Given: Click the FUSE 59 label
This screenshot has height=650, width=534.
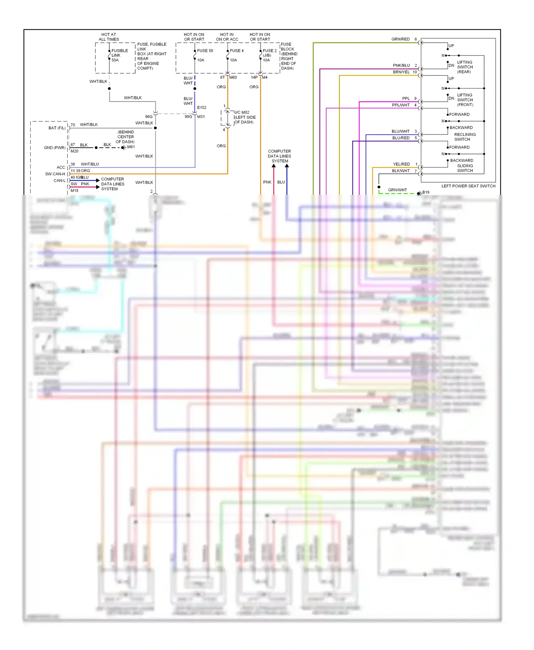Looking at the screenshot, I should click(x=205, y=50).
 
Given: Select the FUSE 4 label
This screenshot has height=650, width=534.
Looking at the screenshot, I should click(x=237, y=50).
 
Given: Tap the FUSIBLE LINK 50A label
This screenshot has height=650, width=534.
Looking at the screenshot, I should click(x=119, y=55).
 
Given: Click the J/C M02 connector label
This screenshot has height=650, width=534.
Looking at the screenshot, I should click(x=242, y=112).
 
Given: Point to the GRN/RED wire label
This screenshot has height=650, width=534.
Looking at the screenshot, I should click(x=400, y=39).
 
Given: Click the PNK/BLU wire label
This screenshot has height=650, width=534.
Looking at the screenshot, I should click(x=401, y=65).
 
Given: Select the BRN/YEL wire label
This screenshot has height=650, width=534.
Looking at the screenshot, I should click(x=401, y=72).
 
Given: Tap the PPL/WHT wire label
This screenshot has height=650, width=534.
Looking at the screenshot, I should click(x=401, y=105).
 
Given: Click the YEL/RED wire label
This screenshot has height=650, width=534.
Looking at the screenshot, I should click(x=401, y=164).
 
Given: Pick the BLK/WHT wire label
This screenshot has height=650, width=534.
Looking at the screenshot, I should click(x=401, y=171).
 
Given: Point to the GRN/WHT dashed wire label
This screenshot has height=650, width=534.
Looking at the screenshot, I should click(x=397, y=190).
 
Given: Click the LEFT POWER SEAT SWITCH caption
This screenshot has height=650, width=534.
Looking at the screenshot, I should click(x=468, y=186).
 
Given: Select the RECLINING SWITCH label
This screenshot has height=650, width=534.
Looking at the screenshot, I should click(x=465, y=137).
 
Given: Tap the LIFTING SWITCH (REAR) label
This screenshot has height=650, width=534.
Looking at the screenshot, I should click(x=465, y=67).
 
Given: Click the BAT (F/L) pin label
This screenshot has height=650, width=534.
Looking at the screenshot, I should click(x=57, y=128).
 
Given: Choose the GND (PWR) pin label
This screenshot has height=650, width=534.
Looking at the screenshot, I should click(x=54, y=148).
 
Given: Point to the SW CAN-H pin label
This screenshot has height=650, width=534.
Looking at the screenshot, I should click(x=55, y=174).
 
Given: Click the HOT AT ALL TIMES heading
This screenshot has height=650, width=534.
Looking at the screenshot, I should click(x=109, y=37).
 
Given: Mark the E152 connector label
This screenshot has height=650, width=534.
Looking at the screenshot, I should click(x=201, y=107).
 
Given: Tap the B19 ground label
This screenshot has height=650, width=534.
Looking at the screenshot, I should click(x=426, y=192).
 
